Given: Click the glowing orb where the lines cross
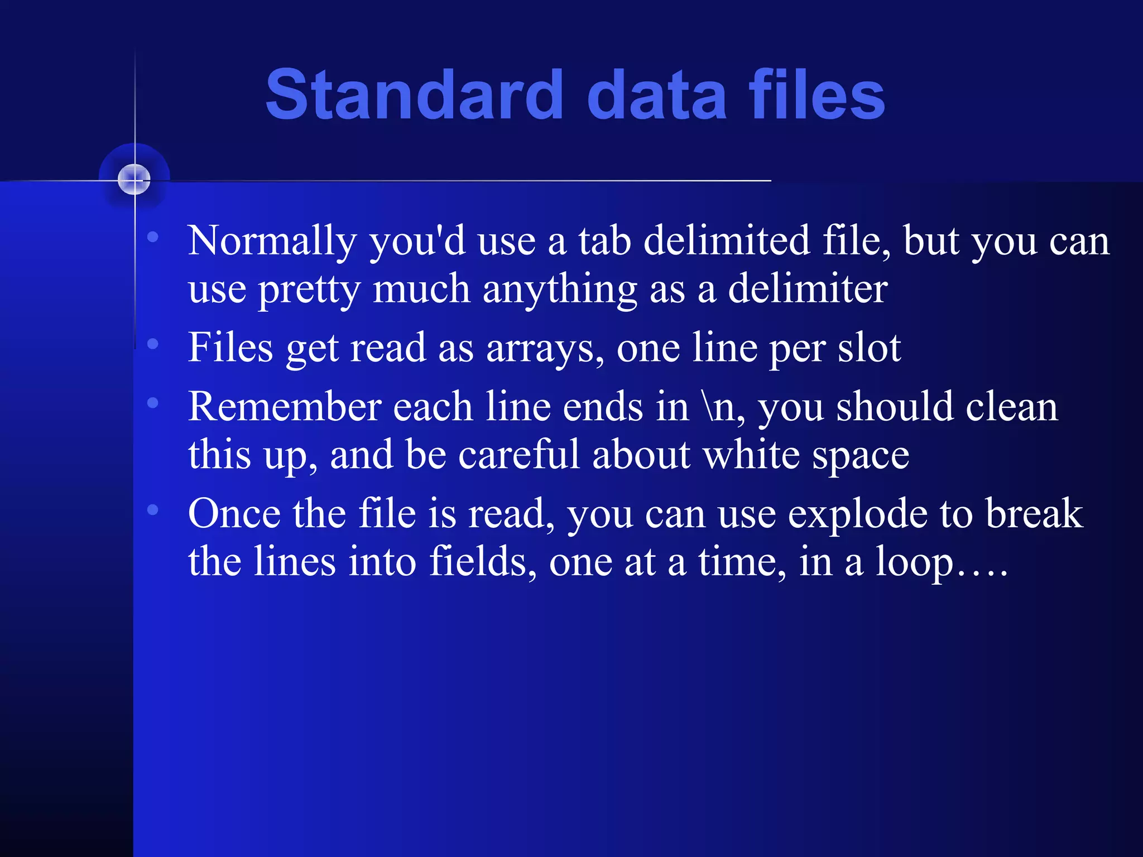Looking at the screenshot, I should tap(135, 180).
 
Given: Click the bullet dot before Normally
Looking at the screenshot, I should tap(153, 238).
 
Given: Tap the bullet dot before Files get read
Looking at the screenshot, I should tap(153, 344).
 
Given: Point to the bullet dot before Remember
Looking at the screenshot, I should tap(153, 403).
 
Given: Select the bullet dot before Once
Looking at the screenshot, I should tap(153, 509).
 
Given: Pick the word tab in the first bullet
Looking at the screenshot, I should tap(604, 241).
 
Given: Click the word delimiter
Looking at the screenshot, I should tap(808, 289).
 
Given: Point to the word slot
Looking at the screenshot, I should tap(869, 348).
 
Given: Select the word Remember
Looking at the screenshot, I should tap(285, 407).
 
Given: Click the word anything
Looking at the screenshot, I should tap(560, 289).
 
